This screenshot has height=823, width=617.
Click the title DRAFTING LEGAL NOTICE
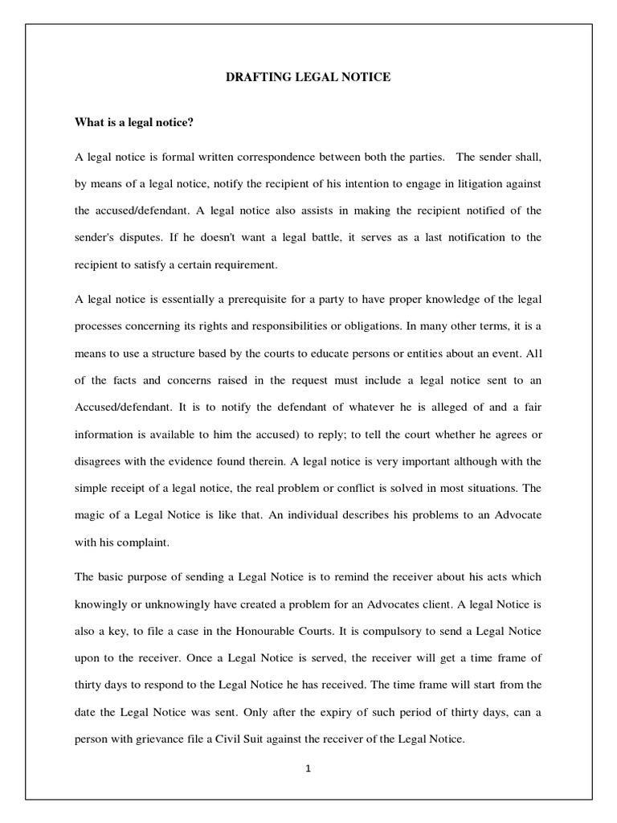[308, 77]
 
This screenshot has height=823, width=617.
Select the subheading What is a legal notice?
[136, 122]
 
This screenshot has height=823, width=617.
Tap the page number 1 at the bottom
[308, 768]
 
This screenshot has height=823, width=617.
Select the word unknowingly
[183, 604]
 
